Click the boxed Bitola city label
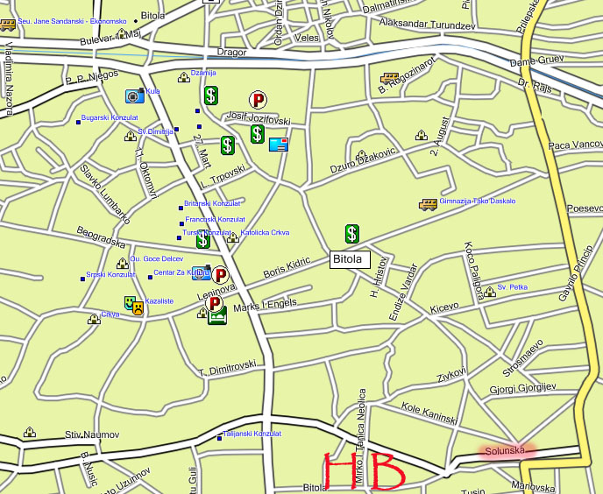pyautogui.click(x=350, y=260)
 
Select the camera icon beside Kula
pyautogui.click(x=133, y=96)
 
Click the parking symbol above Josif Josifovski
pyautogui.click(x=258, y=100)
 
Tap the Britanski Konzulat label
pyautogui.click(x=213, y=203)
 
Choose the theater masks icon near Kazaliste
pyautogui.click(x=133, y=305)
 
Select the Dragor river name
pyautogui.click(x=232, y=53)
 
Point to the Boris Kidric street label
pyautogui.click(x=287, y=268)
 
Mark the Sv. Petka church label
pyautogui.click(x=512, y=286)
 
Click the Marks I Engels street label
pyautogui.click(x=266, y=305)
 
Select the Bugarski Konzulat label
pyautogui.click(x=110, y=117)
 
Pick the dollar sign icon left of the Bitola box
pyautogui.click(x=351, y=234)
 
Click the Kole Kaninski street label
pyautogui.click(x=429, y=413)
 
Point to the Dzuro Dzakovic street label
pyautogui.click(x=364, y=159)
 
